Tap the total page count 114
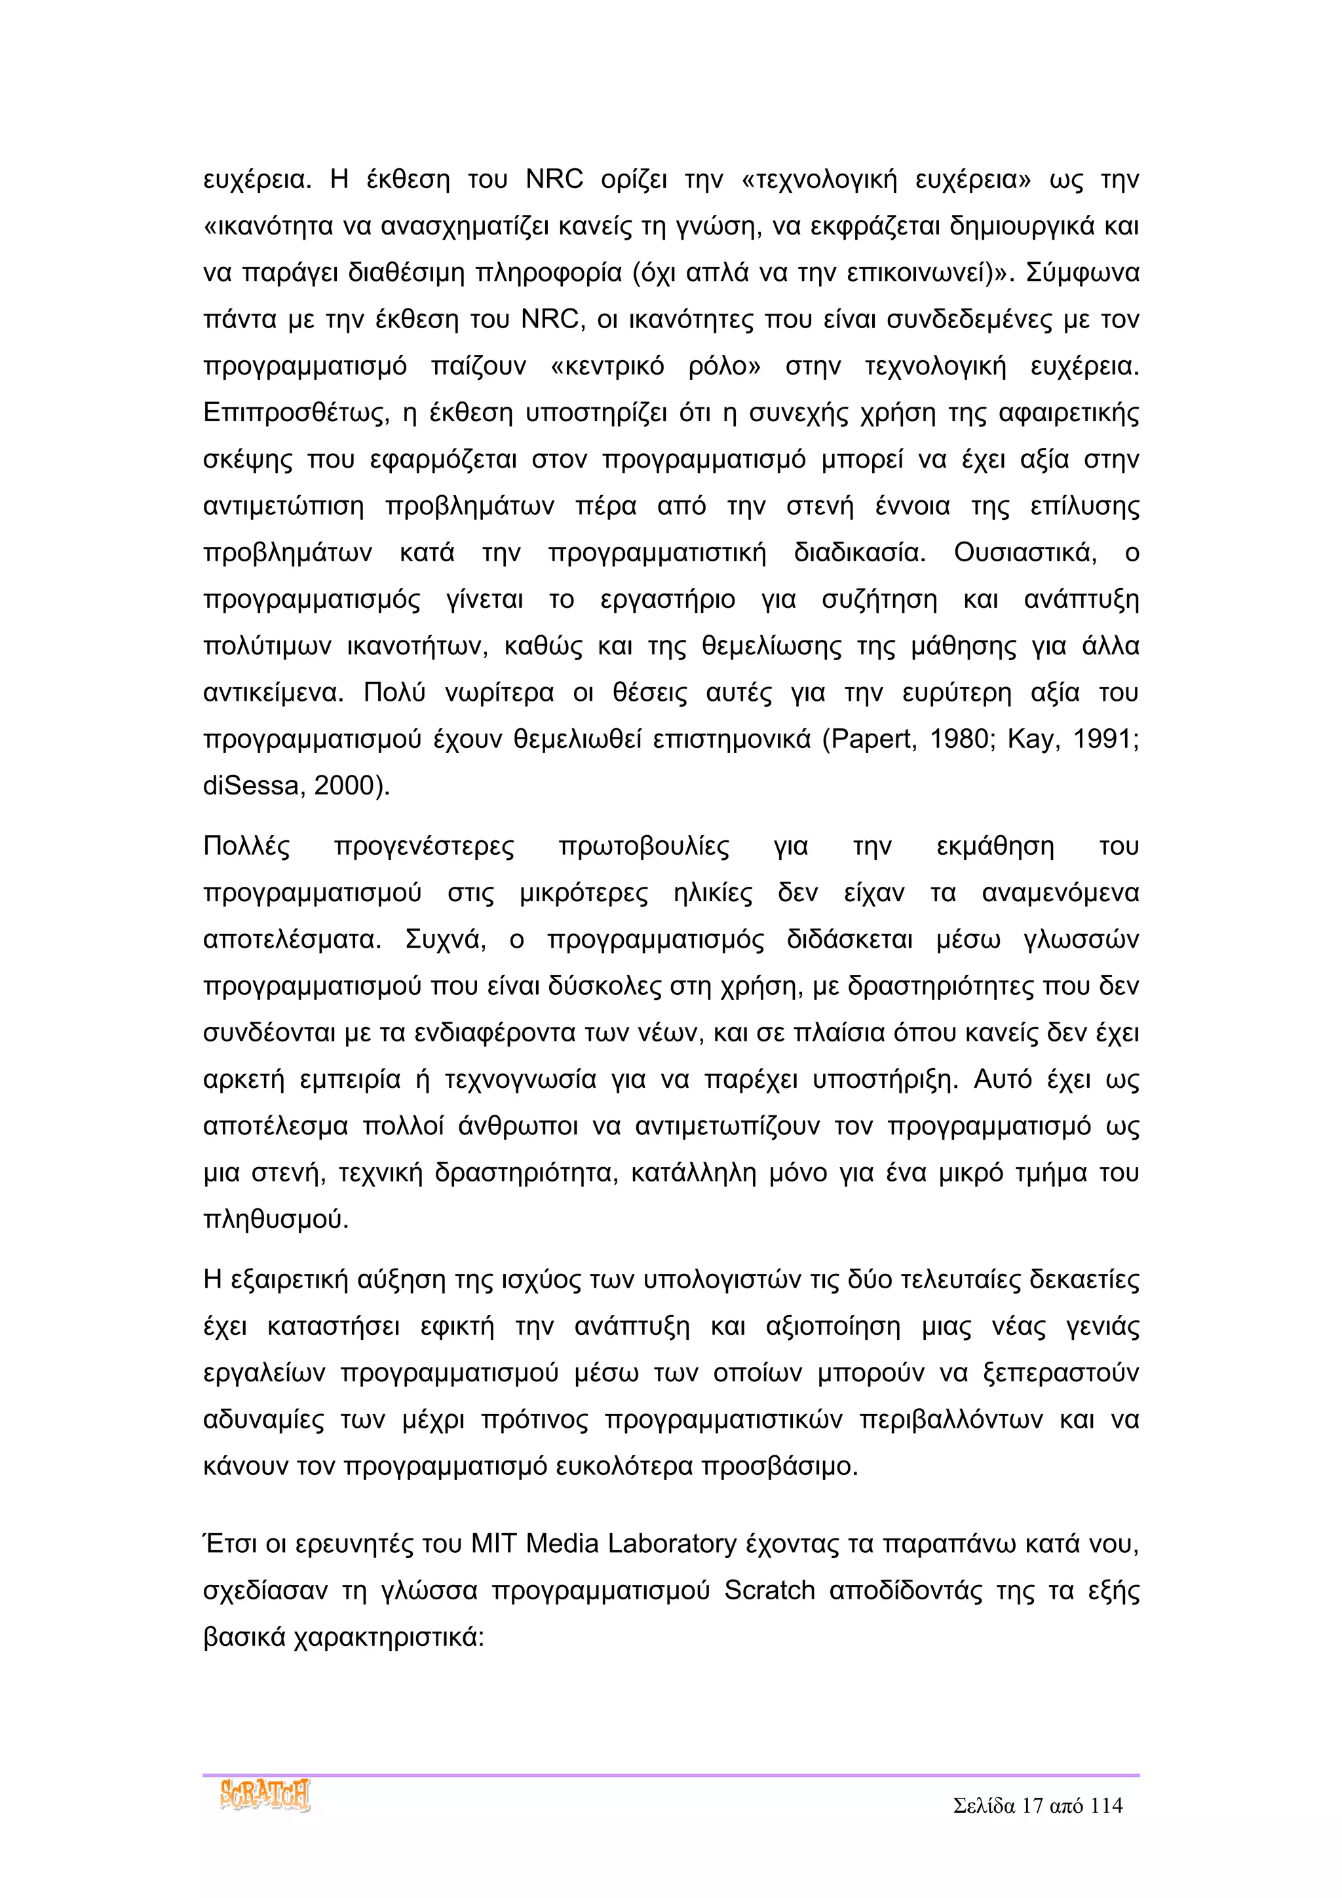point(1105,1806)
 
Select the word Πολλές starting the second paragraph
point(246,846)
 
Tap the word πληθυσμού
point(275,1220)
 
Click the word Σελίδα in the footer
point(984,1806)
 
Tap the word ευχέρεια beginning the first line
point(256,179)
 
